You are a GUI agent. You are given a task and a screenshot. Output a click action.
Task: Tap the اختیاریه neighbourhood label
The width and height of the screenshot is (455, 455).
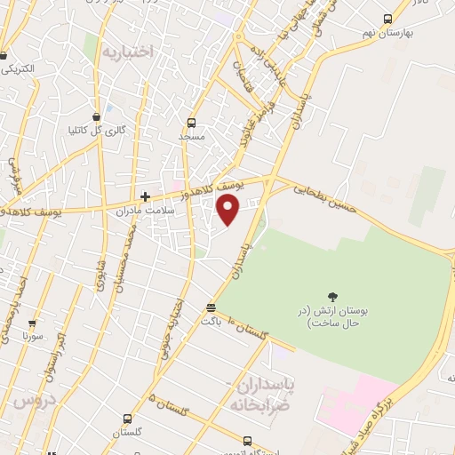click(128, 52)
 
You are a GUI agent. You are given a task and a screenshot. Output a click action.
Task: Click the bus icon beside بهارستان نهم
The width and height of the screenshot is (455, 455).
click(387, 19)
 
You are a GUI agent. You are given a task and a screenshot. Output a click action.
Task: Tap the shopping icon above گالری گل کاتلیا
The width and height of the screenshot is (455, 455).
click(97, 116)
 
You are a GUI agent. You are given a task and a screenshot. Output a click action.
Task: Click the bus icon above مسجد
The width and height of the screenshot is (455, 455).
click(191, 124)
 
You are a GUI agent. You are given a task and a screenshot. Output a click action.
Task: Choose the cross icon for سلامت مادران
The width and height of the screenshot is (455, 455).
click(145, 196)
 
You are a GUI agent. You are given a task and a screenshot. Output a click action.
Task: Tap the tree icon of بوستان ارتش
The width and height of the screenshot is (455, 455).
click(332, 297)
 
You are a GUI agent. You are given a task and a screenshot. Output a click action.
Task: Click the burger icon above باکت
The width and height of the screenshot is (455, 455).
click(211, 307)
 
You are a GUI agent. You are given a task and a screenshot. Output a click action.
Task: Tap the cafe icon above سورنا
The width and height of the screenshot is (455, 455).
click(33, 324)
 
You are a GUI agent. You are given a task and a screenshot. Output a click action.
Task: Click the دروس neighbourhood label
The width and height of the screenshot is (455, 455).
click(35, 402)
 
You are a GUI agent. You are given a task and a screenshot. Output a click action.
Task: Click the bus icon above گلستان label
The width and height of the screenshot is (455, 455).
click(127, 418)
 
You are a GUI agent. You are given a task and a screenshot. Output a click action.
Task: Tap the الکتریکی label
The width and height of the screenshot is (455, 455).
click(18, 68)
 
